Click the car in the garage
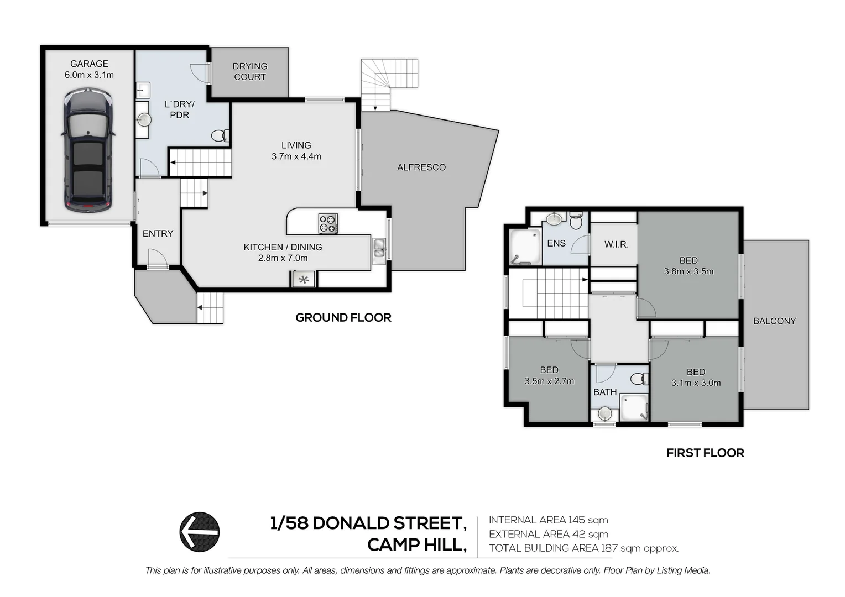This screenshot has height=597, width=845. pyautogui.click(x=88, y=150)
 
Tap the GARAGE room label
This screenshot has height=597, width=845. pyautogui.click(x=89, y=64)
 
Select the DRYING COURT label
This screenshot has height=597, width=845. pyautogui.click(x=250, y=71)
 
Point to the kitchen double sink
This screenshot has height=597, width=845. pyautogui.click(x=378, y=251)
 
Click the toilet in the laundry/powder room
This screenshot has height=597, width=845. pyautogui.click(x=220, y=135)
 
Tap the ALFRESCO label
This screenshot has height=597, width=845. pyautogui.click(x=421, y=167)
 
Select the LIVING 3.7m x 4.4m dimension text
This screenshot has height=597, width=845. pyautogui.click(x=296, y=156)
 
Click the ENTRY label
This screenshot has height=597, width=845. pyautogui.click(x=158, y=233)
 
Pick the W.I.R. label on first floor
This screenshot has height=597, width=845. pyautogui.click(x=617, y=244)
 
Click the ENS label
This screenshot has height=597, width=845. pyautogui.click(x=556, y=243)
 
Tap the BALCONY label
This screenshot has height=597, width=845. pyautogui.click(x=774, y=321)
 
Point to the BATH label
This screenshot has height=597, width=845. pyautogui.click(x=604, y=392)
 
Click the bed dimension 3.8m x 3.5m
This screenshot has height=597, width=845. pyautogui.click(x=688, y=271)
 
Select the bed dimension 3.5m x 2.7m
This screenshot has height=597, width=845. pyautogui.click(x=549, y=381)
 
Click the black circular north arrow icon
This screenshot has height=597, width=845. pyautogui.click(x=200, y=532)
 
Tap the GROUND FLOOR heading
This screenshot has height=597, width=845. pyautogui.click(x=343, y=317)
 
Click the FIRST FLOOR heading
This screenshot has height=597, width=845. pyautogui.click(x=705, y=453)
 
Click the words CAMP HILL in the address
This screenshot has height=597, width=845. pyautogui.click(x=417, y=545)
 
